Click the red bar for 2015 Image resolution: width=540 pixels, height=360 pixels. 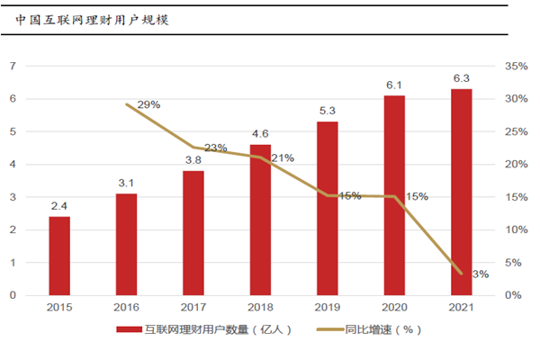pyautogui.click(x=59, y=256)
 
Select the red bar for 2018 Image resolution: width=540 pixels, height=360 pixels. pyautogui.click(x=260, y=220)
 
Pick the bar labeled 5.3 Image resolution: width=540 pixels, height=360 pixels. pyautogui.click(x=328, y=208)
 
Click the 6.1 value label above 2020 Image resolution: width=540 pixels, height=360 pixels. pyautogui.click(x=394, y=85)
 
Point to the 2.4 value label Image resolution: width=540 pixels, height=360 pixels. pyautogui.click(x=59, y=205)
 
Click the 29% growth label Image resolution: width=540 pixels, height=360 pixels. pyautogui.click(x=149, y=104)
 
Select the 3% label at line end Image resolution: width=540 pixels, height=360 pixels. pyautogui.click(x=481, y=274)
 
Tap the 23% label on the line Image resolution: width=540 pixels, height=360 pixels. pyautogui.click(x=216, y=148)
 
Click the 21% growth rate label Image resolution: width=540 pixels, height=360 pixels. pyautogui.click(x=283, y=158)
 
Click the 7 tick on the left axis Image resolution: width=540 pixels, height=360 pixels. pyautogui.click(x=13, y=67)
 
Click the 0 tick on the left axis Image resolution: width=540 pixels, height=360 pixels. pyautogui.click(x=13, y=295)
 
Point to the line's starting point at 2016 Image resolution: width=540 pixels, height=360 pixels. pyautogui.click(x=127, y=104)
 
